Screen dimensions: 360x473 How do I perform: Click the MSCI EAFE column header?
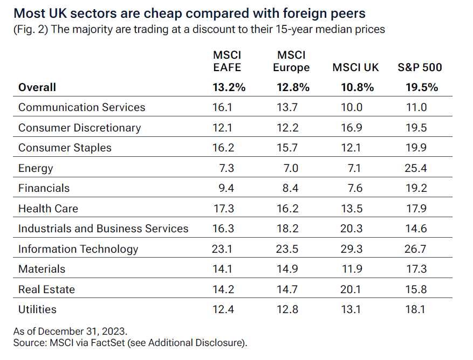(227, 61)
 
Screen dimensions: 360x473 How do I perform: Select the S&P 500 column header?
(420, 67)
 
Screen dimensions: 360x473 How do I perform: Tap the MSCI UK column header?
(355, 67)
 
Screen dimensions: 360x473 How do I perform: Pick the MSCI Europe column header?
(291, 61)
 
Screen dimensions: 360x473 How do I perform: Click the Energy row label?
(36, 168)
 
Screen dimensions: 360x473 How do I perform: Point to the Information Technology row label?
(78, 249)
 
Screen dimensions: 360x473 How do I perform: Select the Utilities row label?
(37, 309)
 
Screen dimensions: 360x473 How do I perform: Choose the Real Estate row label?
(46, 289)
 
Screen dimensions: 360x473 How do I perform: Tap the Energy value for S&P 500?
(416, 168)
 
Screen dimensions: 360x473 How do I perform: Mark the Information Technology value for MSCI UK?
(352, 249)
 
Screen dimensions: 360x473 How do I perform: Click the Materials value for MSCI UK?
(352, 269)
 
